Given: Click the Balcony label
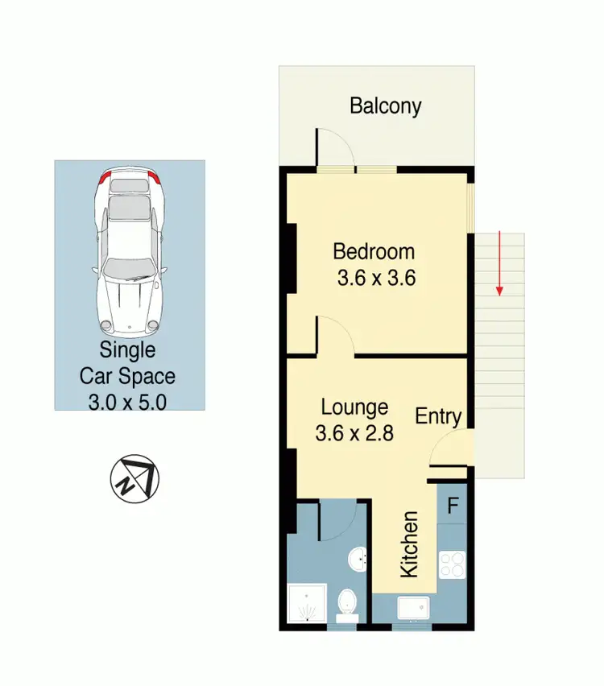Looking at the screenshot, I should click(x=385, y=106).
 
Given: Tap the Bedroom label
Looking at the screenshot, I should click(x=374, y=252).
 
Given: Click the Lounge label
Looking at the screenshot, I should click(x=354, y=407).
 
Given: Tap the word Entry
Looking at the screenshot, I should click(x=438, y=416).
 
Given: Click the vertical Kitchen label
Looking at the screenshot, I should click(x=409, y=543).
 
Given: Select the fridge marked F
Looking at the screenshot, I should click(x=453, y=506).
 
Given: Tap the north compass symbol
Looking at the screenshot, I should click(x=134, y=477).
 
